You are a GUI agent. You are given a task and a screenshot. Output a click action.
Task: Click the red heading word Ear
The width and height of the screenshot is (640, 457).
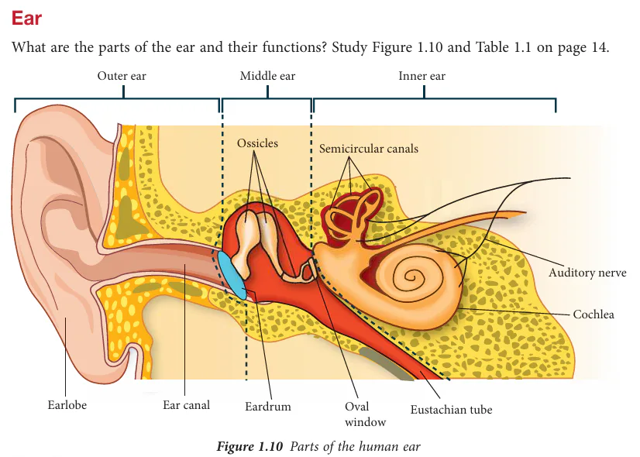pyautogui.click(x=26, y=17)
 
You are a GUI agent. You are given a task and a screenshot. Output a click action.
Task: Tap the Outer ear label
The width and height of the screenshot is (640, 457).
pyautogui.click(x=122, y=76)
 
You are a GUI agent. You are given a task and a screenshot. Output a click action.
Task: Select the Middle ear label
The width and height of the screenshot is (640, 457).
pyautogui.click(x=267, y=76)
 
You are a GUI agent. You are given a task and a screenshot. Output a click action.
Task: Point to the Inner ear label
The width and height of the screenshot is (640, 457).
pyautogui.click(x=422, y=76)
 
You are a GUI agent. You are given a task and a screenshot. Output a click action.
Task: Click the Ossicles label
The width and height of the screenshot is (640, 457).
pyautogui.click(x=258, y=143)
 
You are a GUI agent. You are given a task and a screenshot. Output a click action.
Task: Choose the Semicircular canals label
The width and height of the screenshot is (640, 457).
pyautogui.click(x=369, y=148)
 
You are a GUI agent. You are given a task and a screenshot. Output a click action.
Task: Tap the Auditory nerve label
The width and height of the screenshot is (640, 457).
pyautogui.click(x=587, y=273)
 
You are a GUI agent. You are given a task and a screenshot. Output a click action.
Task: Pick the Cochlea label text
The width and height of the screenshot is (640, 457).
pyautogui.click(x=594, y=314)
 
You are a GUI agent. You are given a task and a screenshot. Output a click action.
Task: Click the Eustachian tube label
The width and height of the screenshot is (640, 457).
pyautogui.click(x=451, y=409)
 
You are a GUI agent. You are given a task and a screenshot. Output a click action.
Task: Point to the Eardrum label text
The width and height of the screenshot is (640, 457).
pyautogui.click(x=268, y=406)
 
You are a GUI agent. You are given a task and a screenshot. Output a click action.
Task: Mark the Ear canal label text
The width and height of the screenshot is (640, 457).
pyautogui.click(x=186, y=405)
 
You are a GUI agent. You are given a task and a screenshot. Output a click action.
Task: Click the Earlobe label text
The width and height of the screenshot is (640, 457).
pyautogui.click(x=67, y=405)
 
